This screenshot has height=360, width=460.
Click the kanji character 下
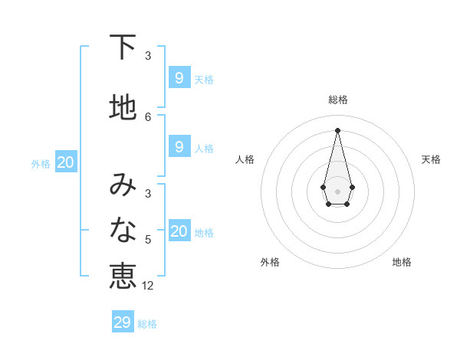point(123,47)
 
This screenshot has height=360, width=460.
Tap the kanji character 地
point(123,107)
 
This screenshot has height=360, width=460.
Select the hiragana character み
point(123,185)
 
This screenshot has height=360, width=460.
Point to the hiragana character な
point(123,229)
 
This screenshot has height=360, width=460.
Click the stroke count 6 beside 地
point(148,116)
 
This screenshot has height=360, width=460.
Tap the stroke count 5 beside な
point(148,240)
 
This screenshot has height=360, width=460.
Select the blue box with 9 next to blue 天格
point(179,77)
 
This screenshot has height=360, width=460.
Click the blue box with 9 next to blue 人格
point(179,146)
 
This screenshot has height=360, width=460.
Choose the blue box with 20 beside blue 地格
point(179,231)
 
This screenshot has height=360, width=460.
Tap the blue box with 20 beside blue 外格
point(66,162)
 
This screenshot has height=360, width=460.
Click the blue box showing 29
point(123,322)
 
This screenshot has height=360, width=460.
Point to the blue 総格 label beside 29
point(147,324)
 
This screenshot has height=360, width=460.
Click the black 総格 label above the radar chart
point(337,100)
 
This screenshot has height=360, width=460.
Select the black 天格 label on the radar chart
point(431,159)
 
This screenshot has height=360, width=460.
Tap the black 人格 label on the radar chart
point(245,159)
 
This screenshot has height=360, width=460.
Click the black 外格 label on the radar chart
point(270,262)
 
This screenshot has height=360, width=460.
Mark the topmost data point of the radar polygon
point(337,129)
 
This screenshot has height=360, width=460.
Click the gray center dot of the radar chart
point(337,191)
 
